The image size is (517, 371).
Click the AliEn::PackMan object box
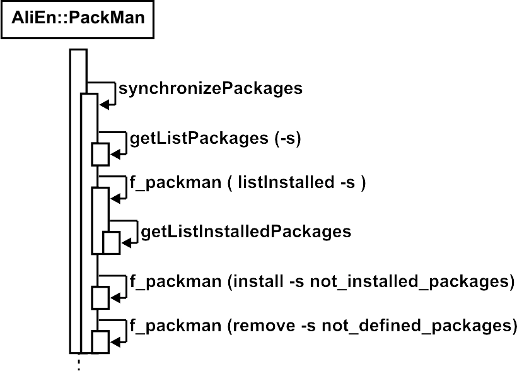pyautogui.click(x=78, y=18)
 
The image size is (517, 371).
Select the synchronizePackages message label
pyautogui.click(x=211, y=89)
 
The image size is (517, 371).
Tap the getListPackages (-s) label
pyautogui.click(x=215, y=139)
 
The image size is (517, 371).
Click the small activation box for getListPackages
pyautogui.click(x=101, y=154)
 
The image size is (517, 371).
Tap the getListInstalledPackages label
pyautogui.click(x=246, y=232)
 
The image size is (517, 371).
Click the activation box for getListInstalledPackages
pyautogui.click(x=111, y=243)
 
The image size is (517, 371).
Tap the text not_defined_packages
pyautogui.click(x=415, y=326)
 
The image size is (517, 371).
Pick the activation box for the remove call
pyautogui.click(x=101, y=341)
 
